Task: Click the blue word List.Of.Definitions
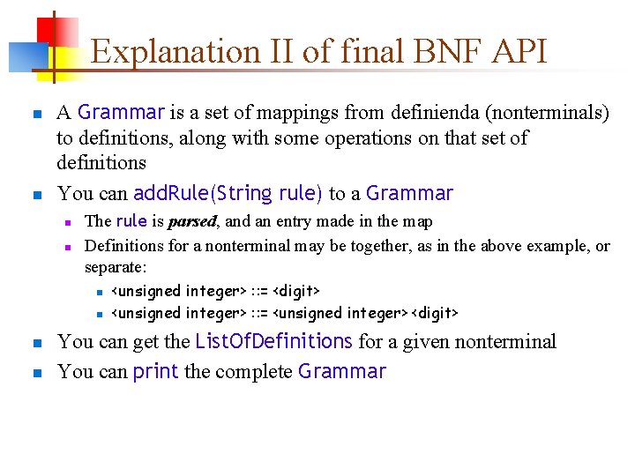click(273, 341)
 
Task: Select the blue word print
click(156, 371)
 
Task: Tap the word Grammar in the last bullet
click(342, 371)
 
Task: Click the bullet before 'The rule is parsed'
click(66, 222)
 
